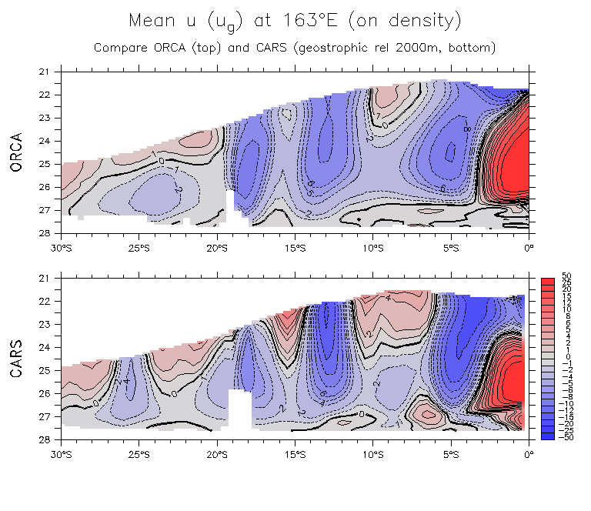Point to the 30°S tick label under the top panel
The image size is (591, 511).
click(62, 247)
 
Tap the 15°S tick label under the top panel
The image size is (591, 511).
click(295, 247)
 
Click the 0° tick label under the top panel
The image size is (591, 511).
click(529, 247)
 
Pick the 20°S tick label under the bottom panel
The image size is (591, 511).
click(218, 453)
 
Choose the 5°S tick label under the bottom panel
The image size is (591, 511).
click(451, 453)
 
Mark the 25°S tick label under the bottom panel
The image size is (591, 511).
click(140, 453)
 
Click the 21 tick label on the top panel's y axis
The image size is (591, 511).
click(44, 72)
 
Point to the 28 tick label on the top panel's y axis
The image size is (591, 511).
click(44, 233)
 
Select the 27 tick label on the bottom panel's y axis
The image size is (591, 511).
click(44, 416)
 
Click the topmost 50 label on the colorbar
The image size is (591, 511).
click(567, 276)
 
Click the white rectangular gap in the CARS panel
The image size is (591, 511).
click(240, 408)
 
